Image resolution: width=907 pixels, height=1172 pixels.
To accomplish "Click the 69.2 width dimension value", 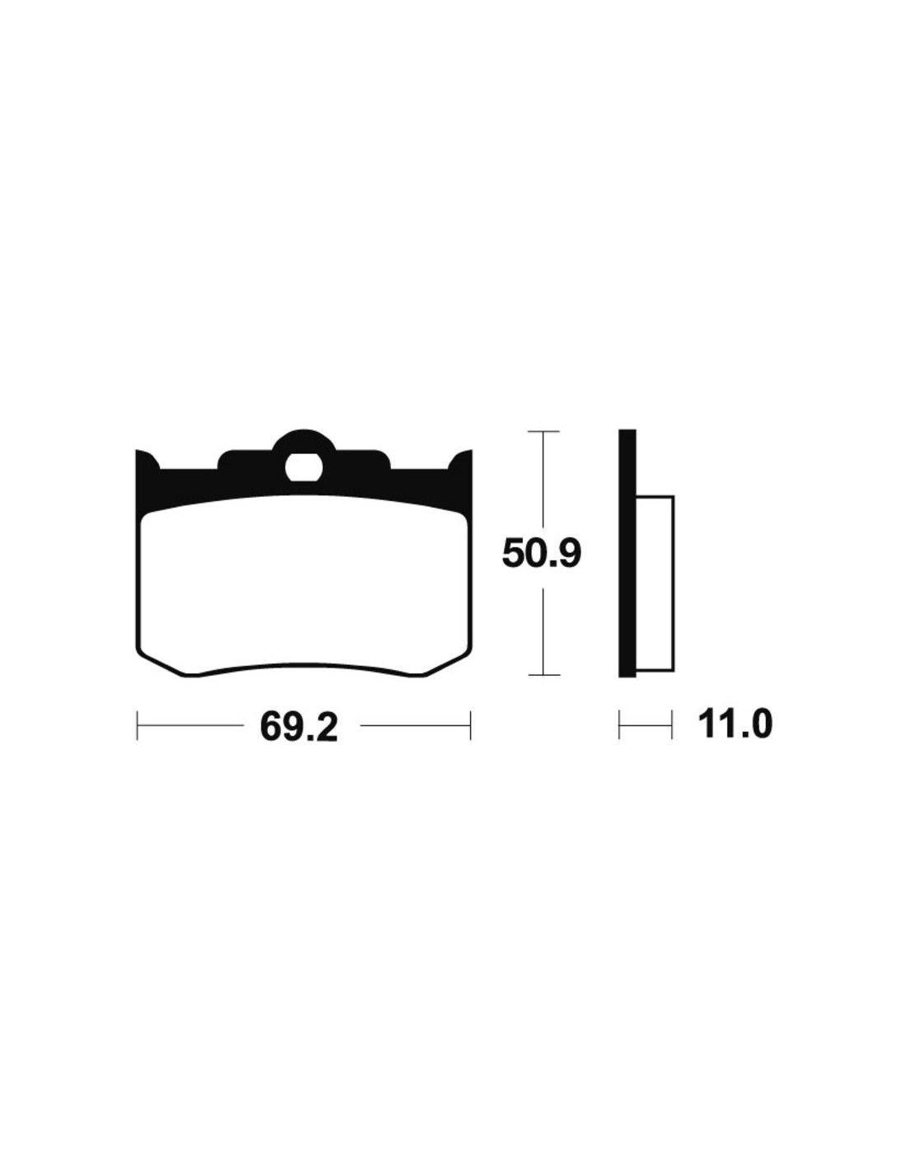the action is coord(298,726).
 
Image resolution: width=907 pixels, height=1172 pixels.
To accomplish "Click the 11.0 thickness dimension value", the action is coord(735,725).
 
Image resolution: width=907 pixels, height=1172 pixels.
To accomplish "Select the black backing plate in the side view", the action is coord(627,553).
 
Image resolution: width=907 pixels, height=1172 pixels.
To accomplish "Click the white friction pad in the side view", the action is coord(655,584).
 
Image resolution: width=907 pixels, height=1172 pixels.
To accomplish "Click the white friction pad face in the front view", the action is coord(303,585).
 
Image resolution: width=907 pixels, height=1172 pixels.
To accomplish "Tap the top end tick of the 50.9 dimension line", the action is coord(543,432).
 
